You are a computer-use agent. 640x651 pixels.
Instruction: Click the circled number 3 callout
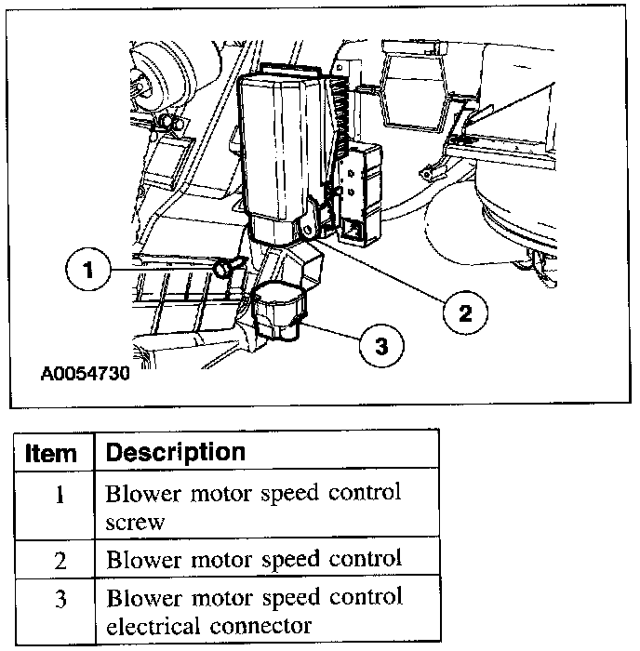380,346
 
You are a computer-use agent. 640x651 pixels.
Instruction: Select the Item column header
51,453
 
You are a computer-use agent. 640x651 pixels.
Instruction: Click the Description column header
176,453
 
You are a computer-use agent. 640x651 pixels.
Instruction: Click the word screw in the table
136,522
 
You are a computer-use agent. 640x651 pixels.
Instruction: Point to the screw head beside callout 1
224,269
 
